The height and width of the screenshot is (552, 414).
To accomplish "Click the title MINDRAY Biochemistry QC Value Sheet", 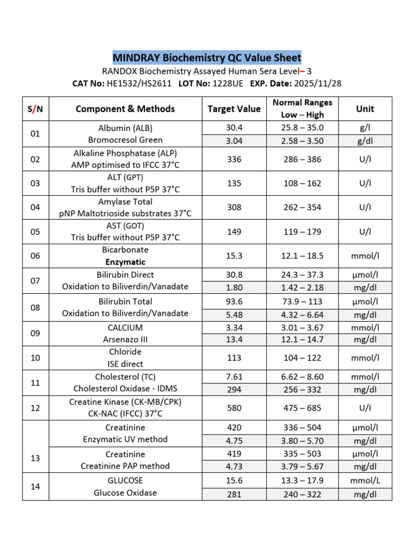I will (207, 58).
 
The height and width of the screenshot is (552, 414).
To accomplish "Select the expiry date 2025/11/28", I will (317, 84).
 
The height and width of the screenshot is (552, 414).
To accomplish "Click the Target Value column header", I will (234, 109).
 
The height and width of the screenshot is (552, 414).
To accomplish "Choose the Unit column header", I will (365, 109).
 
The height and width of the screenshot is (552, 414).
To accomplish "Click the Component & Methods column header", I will (125, 109).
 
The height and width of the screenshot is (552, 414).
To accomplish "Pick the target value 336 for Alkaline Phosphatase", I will (234, 159).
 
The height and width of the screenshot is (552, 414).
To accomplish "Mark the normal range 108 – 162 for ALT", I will (302, 183).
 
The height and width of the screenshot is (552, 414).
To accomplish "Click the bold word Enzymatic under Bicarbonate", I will (125, 262).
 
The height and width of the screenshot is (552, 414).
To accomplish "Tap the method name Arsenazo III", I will (125, 340).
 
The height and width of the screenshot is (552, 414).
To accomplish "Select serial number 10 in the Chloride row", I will (36, 358).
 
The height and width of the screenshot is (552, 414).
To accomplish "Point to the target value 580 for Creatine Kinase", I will (234, 408).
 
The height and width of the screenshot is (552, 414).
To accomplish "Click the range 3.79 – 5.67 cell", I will (302, 466).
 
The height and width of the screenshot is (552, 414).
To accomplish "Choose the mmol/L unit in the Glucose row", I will (365, 480).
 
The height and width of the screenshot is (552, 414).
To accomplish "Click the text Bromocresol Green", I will (125, 140).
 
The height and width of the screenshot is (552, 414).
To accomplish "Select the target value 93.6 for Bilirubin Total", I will (234, 301).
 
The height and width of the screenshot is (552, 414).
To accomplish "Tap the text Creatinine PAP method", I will (125, 466).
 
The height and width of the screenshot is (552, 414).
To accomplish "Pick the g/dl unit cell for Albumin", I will (365, 141).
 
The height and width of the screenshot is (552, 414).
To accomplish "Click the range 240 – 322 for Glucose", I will (302, 493).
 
